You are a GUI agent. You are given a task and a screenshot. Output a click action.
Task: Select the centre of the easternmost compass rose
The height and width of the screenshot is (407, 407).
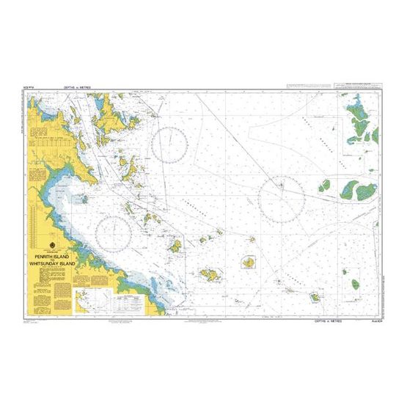[282, 197]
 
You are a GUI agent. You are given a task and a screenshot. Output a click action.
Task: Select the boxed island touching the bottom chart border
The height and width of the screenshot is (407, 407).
[315, 298]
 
